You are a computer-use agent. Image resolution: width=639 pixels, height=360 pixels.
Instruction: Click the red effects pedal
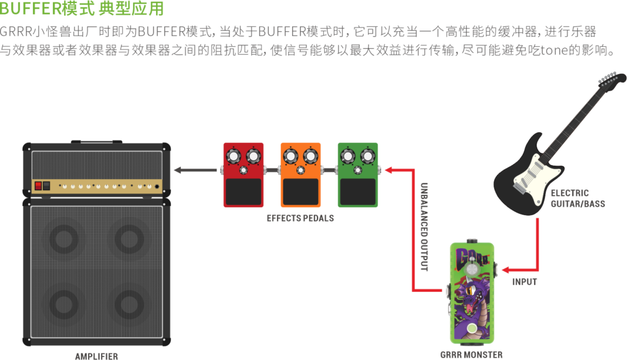pyautogui.click(x=243, y=175)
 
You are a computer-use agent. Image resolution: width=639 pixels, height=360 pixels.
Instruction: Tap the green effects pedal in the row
pyautogui.click(x=358, y=175)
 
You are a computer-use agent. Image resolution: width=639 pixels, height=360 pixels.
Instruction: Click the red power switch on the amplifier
pyautogui.click(x=38, y=185)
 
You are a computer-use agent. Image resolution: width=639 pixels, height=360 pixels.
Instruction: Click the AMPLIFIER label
pyautogui.click(x=96, y=356)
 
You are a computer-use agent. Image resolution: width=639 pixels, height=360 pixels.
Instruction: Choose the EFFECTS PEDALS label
pyautogui.click(x=300, y=218)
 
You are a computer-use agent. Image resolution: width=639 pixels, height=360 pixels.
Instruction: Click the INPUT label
pyautogui.click(x=524, y=282)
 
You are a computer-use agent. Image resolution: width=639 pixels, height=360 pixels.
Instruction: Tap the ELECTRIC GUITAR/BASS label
pyautogui.click(x=569, y=198)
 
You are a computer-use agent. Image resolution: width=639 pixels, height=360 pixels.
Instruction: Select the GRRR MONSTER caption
pyautogui.click(x=471, y=354)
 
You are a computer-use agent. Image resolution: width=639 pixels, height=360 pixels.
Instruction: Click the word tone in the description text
pyautogui.click(x=552, y=51)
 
